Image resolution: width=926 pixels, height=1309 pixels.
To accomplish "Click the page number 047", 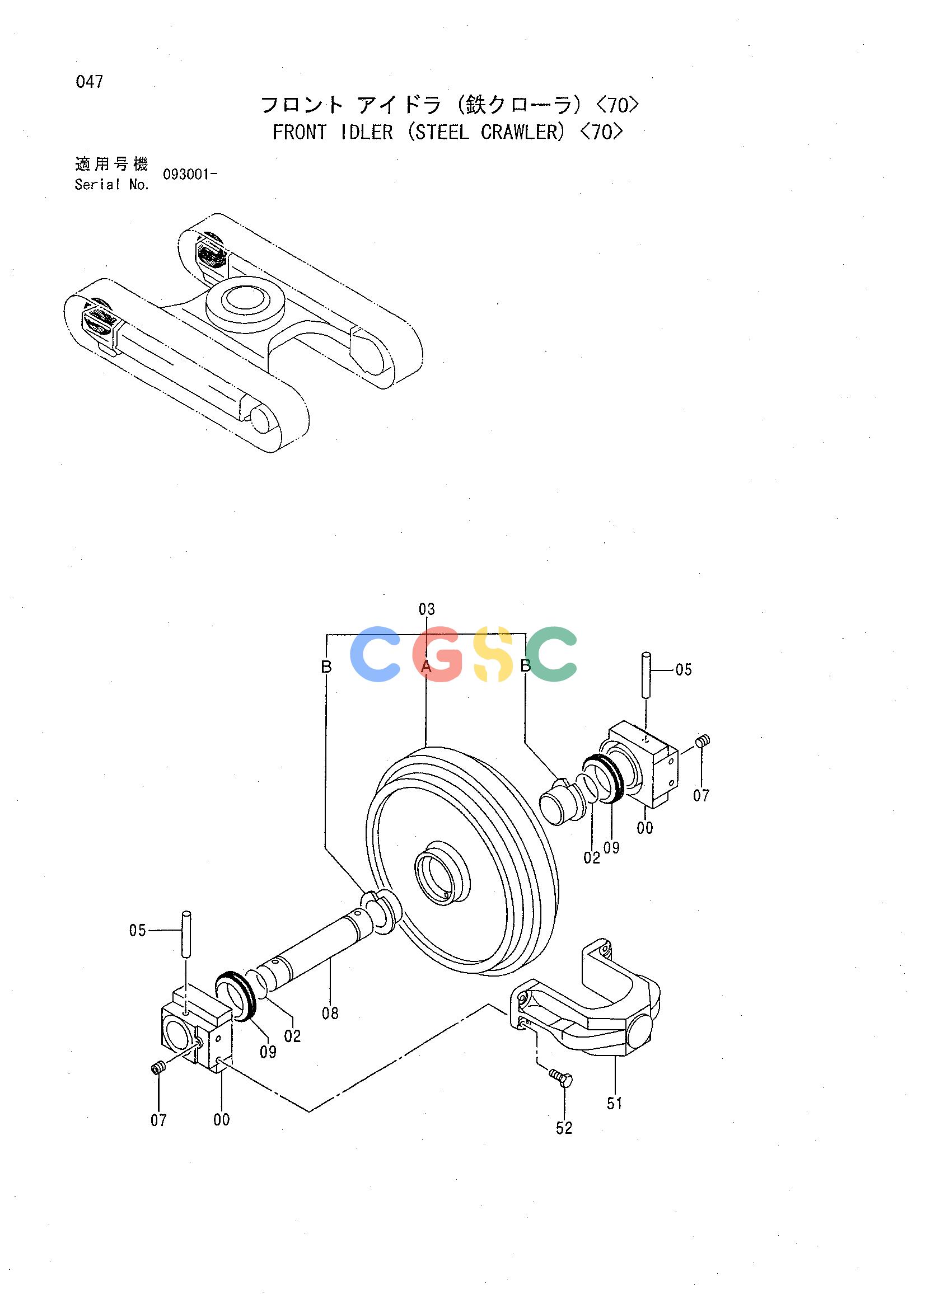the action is click(90, 82).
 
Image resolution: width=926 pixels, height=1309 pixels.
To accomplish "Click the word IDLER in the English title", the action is click(366, 132).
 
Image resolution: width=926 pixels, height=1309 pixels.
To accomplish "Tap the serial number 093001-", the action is click(190, 175).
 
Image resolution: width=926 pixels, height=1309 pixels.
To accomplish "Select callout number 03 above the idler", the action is click(427, 609).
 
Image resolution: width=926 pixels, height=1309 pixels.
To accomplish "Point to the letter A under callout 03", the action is click(427, 667).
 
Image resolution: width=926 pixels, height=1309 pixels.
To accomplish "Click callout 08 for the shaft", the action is click(330, 1013).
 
